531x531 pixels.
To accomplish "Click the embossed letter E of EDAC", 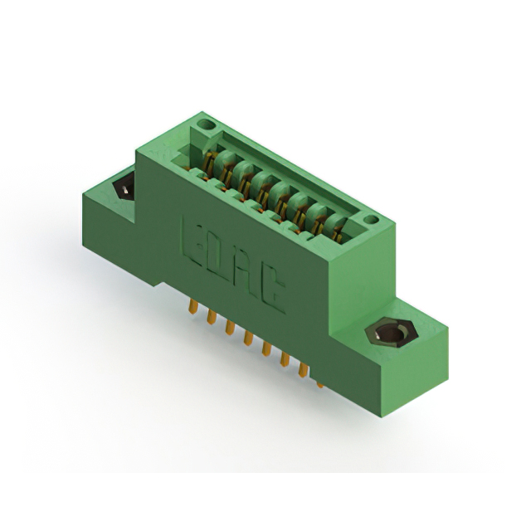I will (192, 236).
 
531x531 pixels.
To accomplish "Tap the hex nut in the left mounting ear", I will (123, 188).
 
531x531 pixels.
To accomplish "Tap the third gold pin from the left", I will (230, 330).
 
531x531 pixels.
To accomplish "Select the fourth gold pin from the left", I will (248, 340).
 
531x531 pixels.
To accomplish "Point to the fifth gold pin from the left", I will (266, 350).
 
